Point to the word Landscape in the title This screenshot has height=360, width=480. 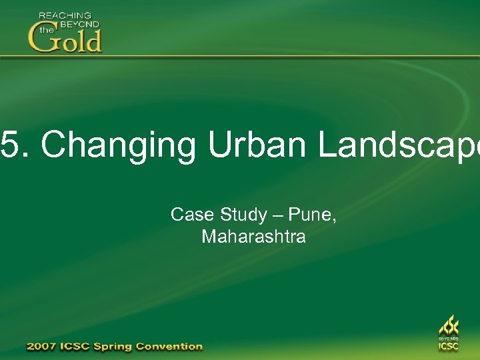(399, 145)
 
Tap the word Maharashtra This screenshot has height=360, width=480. (253, 237)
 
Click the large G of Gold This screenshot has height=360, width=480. (42, 39)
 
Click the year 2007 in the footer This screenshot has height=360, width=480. (43, 346)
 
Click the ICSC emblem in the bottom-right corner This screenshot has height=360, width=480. (448, 327)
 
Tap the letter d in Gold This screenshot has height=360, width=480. (93, 40)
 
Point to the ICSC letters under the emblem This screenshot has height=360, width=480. (448, 347)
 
